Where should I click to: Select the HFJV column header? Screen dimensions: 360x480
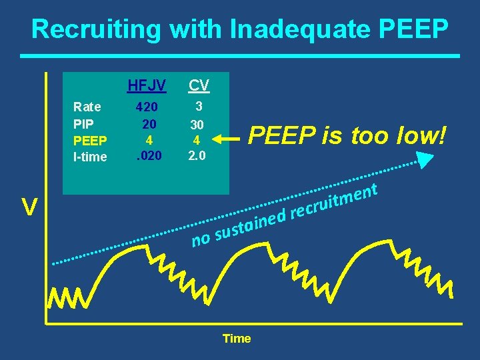[146, 85]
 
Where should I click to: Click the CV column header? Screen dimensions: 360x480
[198, 85]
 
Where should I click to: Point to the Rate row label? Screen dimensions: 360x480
[87, 107]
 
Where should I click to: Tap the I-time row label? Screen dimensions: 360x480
[89, 157]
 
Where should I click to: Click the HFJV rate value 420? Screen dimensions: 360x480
[147, 107]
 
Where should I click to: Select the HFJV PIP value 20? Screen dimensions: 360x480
[149, 123]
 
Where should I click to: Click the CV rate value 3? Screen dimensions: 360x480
[198, 105]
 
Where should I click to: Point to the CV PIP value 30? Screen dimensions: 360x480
[197, 125]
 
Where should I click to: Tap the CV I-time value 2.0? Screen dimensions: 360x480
[197, 157]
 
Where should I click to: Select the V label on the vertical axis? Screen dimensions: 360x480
[28, 208]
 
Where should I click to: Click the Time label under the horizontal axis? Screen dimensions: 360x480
[237, 339]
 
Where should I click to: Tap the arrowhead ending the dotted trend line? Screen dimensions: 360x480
[424, 159]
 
